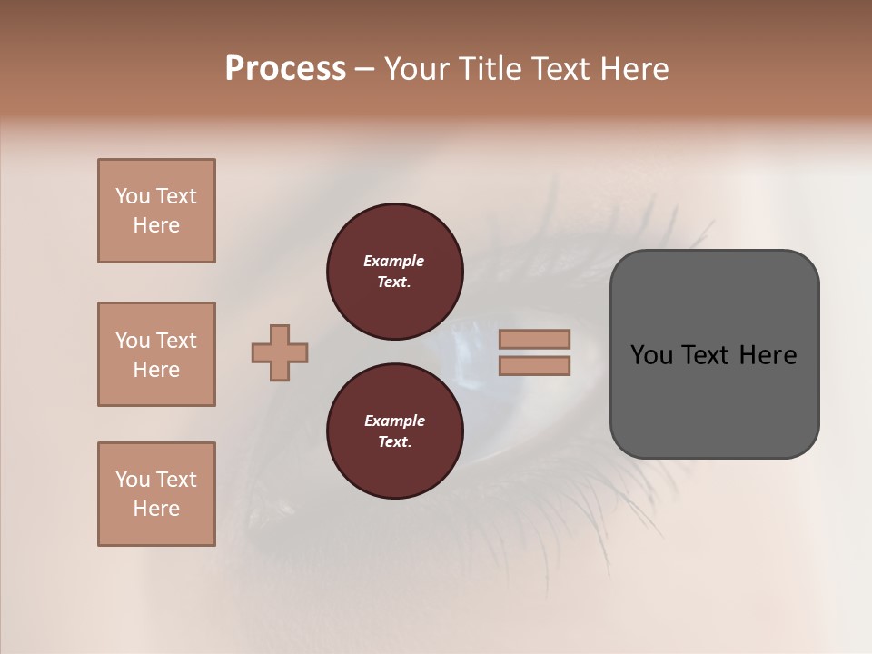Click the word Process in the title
click(x=285, y=69)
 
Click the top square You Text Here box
click(x=156, y=211)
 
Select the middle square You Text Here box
click(x=156, y=354)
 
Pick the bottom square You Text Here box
click(x=156, y=494)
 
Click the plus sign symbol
click(x=280, y=352)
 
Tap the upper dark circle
click(x=395, y=272)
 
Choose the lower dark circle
click(x=395, y=431)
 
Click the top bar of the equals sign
click(x=534, y=339)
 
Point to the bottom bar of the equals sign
click(x=534, y=365)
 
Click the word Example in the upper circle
click(x=394, y=261)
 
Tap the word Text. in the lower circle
click(x=394, y=442)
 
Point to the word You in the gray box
click(x=650, y=355)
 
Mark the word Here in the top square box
click(x=156, y=225)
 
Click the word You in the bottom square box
click(x=133, y=480)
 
